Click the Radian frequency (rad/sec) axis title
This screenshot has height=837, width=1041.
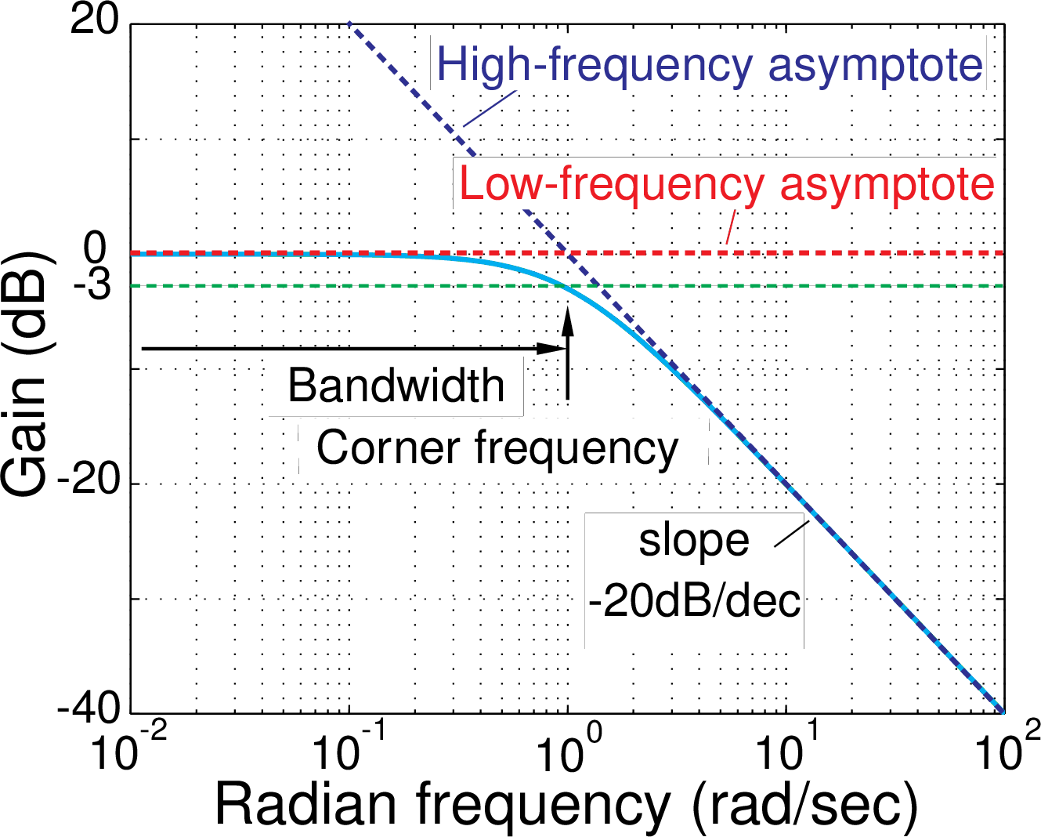[x=566, y=804]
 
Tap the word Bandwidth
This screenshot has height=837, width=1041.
[x=396, y=386]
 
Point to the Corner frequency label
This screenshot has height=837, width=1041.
[x=497, y=448]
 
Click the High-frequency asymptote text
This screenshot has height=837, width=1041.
[x=709, y=64]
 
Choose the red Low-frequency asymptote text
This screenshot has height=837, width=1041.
[x=726, y=185]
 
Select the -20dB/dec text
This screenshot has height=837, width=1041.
[x=694, y=602]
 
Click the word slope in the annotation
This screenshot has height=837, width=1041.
[x=693, y=541]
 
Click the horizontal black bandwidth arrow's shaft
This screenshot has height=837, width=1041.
[x=337, y=348]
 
